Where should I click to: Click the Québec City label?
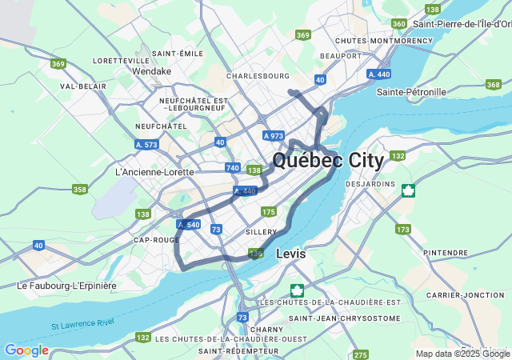pyautogui.click(x=328, y=160)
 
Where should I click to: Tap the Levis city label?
pyautogui.click(x=291, y=254)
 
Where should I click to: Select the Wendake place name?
pyautogui.click(x=152, y=71)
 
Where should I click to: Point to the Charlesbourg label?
pyautogui.click(x=258, y=76)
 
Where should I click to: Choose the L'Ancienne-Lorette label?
pyautogui.click(x=154, y=172)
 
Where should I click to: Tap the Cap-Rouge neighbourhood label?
pyautogui.click(x=155, y=240)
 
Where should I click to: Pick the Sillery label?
pyautogui.click(x=261, y=231)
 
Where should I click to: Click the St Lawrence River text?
pyautogui.click(x=83, y=324)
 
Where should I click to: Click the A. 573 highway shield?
pyautogui.click(x=146, y=145)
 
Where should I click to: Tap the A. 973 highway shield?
pyautogui.click(x=273, y=136)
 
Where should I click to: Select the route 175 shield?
pyautogui.click(x=268, y=211)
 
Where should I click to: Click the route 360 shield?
pyautogui.click(x=399, y=23)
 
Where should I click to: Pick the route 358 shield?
pyautogui.click(x=79, y=190)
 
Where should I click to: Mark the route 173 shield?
pyautogui.click(x=402, y=230)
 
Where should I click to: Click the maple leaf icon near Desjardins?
pyautogui.click(x=408, y=190)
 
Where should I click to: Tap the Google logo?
pyautogui.click(x=26, y=350)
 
